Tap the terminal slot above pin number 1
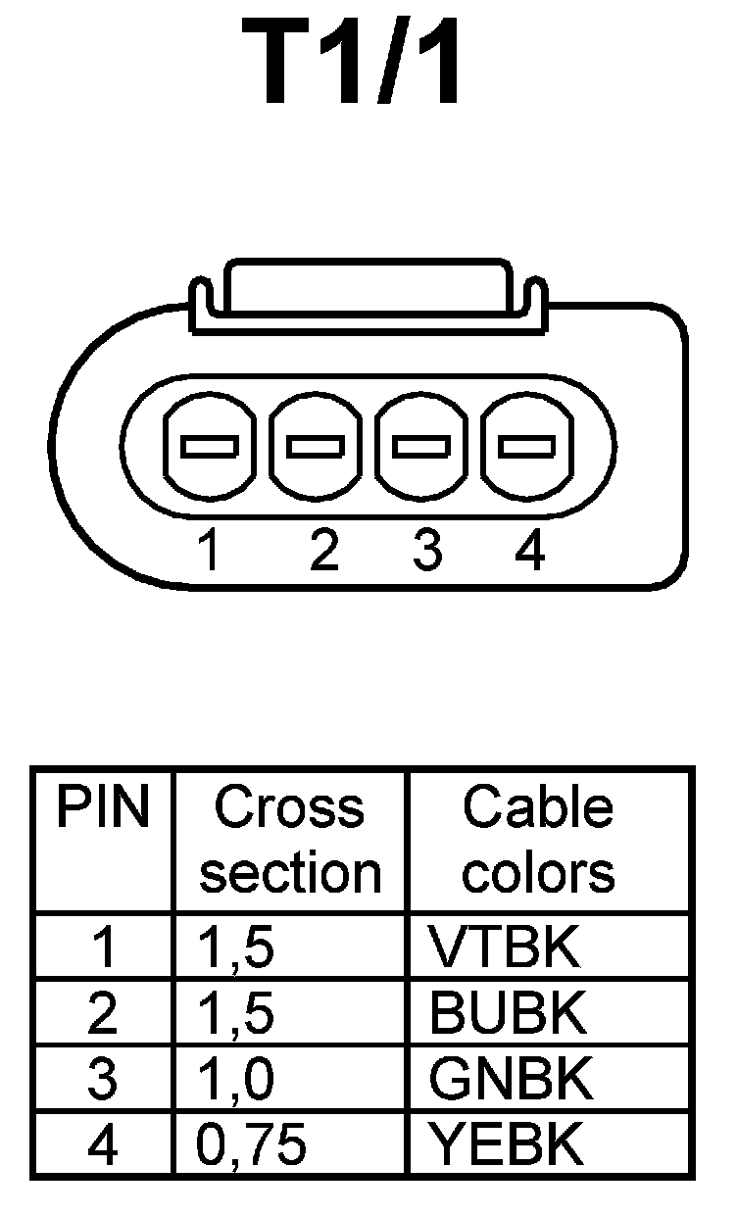pyautogui.click(x=208, y=447)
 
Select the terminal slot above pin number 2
pyautogui.click(x=315, y=447)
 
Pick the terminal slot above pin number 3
pyautogui.click(x=421, y=447)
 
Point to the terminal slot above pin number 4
pyautogui.click(x=527, y=447)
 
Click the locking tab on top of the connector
pyautogui.click(x=367, y=289)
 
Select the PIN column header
pyautogui.click(x=102, y=809)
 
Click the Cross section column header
pyautogui.click(x=290, y=841)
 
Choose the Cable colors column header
pyautogui.click(x=538, y=841)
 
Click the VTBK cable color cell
pyautogui.click(x=505, y=948)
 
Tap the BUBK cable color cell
pyautogui.click(x=508, y=1013)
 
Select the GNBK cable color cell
pyautogui.click(x=511, y=1079)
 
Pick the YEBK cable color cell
pyautogui.click(x=507, y=1144)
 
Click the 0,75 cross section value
pyautogui.click(x=252, y=1144)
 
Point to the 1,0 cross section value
pyautogui.click(x=235, y=1079)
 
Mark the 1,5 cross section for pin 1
pyautogui.click(x=235, y=948)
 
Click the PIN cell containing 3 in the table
pyautogui.click(x=102, y=1079)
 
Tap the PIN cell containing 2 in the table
pyautogui.click(x=102, y=1013)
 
